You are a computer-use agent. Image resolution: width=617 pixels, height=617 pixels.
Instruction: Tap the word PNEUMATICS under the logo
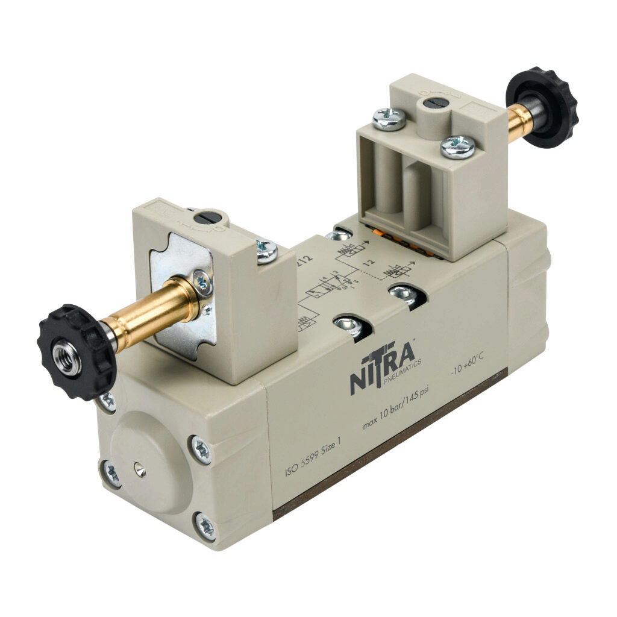click(401, 372)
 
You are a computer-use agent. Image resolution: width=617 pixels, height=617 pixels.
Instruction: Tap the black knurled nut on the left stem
click(75, 352)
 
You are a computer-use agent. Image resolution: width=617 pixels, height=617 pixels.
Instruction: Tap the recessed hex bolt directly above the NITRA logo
click(348, 327)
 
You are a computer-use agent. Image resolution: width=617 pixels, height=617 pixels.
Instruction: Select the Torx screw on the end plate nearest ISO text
click(201, 449)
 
